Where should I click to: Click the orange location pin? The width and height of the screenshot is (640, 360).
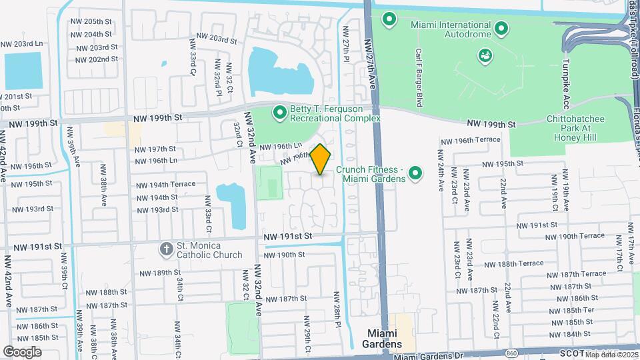[x=321, y=159]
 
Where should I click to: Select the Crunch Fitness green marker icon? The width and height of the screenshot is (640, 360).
[x=416, y=174]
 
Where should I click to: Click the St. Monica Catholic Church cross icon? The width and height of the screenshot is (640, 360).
[x=166, y=249]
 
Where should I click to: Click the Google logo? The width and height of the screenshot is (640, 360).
[x=22, y=351]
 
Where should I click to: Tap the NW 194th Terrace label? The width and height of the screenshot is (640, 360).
[x=166, y=184]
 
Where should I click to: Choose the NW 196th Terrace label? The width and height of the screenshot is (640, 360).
[x=469, y=141]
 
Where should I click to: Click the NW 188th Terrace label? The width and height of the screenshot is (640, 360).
[x=514, y=263]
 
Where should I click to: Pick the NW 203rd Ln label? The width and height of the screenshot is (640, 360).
[x=21, y=44]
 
